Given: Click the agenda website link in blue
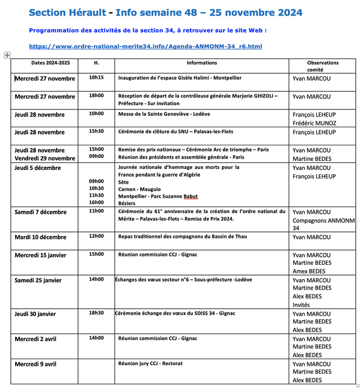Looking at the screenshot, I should (x=145, y=46).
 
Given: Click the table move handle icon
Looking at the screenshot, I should (x=7, y=55).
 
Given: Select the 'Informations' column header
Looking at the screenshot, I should (x=201, y=62).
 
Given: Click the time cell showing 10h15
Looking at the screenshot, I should (x=96, y=77).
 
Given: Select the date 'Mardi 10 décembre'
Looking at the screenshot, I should (x=40, y=237).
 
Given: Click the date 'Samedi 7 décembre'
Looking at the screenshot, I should (x=40, y=211).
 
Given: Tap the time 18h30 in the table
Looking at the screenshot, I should (x=96, y=313).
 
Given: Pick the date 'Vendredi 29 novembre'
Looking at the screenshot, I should (x=44, y=159).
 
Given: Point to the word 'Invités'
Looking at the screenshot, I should (x=302, y=305).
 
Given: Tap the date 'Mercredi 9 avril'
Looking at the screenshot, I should (x=35, y=364).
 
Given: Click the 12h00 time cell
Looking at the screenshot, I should (x=96, y=236).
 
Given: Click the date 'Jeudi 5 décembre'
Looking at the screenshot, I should (x=38, y=168).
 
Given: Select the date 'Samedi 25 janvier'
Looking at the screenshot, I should (x=38, y=280).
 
